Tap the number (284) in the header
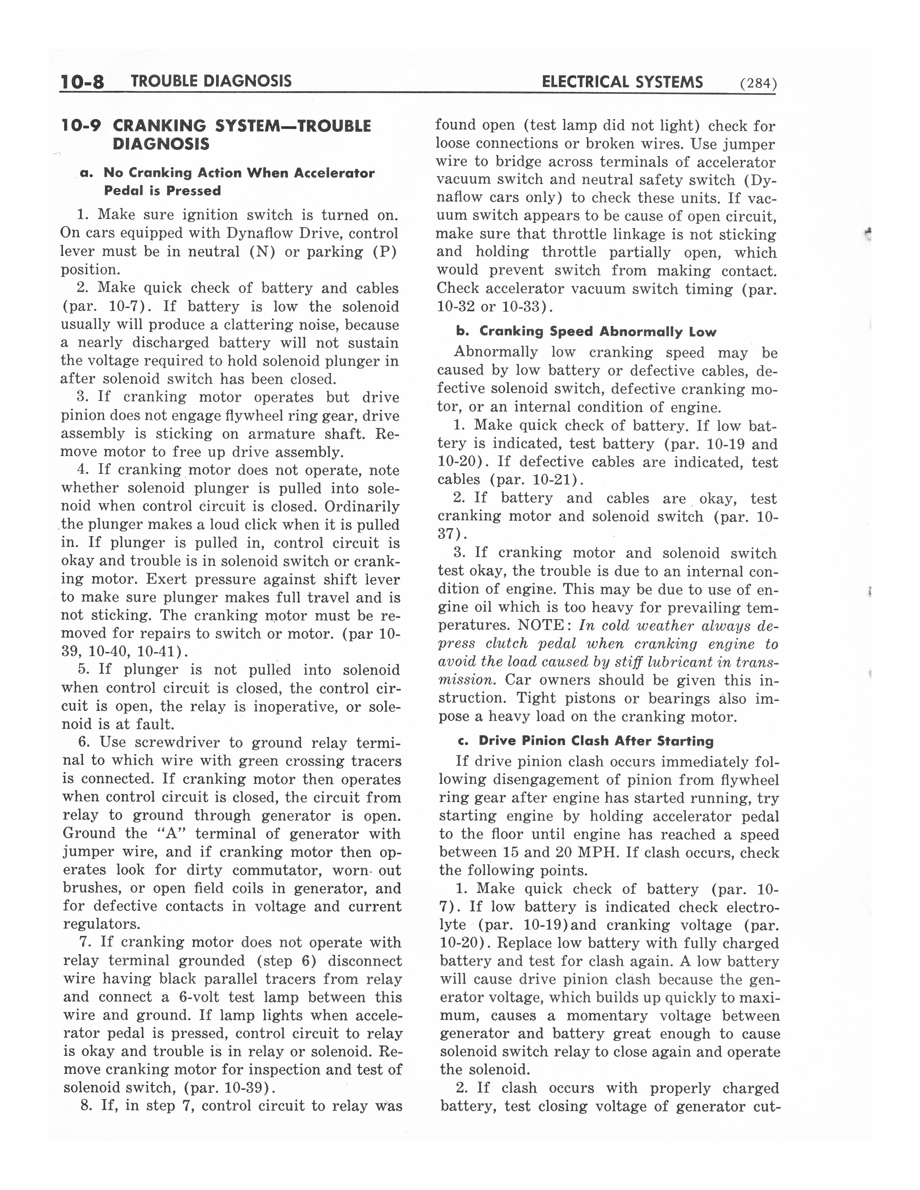point(758,83)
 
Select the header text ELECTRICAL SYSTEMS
point(622,82)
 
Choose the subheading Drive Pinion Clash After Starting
point(596,741)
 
